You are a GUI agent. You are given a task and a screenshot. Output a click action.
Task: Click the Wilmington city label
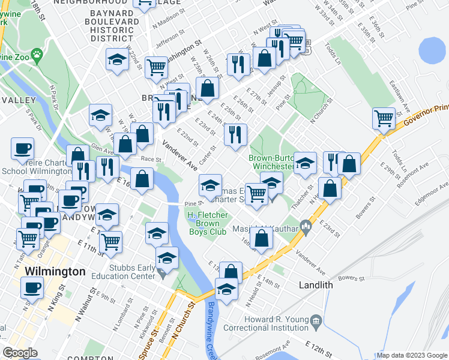click(x=55, y=272)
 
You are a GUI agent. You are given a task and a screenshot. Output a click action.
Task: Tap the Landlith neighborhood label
click(x=316, y=285)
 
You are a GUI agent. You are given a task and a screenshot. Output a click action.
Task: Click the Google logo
click(x=20, y=353)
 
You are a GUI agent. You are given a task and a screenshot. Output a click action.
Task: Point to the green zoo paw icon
click(x=38, y=56)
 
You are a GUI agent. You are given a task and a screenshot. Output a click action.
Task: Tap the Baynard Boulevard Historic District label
click(x=112, y=25)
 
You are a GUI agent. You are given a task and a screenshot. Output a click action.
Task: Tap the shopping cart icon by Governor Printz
click(x=384, y=118)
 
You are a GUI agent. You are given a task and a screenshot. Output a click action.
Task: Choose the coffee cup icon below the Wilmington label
click(x=32, y=287)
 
